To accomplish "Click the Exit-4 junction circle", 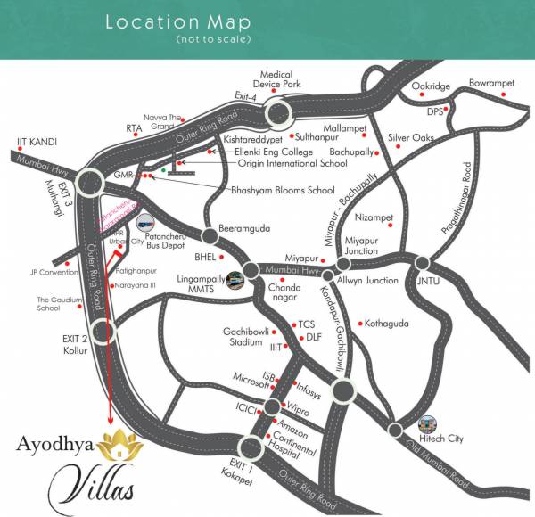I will pyautogui.click(x=278, y=113).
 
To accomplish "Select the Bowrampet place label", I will pyautogui.click(x=492, y=83).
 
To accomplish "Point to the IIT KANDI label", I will pyautogui.click(x=37, y=141).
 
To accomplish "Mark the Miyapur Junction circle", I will pyautogui.click(x=342, y=265).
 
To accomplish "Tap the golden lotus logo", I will pyautogui.click(x=114, y=445).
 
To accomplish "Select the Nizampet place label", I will pyautogui.click(x=374, y=217).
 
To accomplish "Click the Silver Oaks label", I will pyautogui.click(x=411, y=137).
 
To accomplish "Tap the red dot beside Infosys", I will pyautogui.click(x=295, y=383).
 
